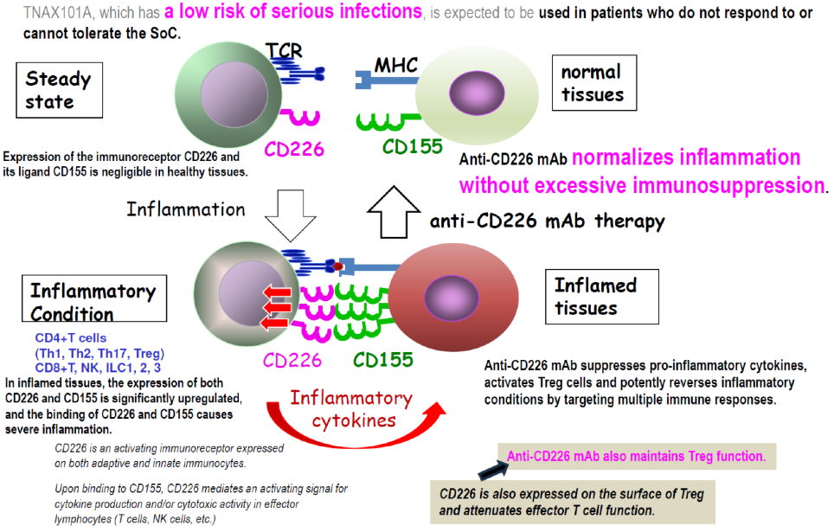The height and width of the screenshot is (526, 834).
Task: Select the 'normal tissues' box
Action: coord(593,84)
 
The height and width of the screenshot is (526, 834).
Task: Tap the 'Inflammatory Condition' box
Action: coord(93,302)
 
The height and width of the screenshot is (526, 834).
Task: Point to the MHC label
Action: coord(396,65)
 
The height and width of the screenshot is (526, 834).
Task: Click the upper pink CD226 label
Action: coord(295,149)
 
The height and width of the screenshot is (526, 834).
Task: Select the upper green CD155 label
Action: coord(413,148)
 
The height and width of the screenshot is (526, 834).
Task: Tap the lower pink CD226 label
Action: coord(292,359)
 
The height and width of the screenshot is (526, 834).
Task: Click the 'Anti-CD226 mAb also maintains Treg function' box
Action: coord(635,456)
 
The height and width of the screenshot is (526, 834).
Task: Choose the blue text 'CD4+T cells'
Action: coord(71,338)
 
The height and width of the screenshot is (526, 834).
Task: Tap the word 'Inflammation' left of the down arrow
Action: coord(185,209)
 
